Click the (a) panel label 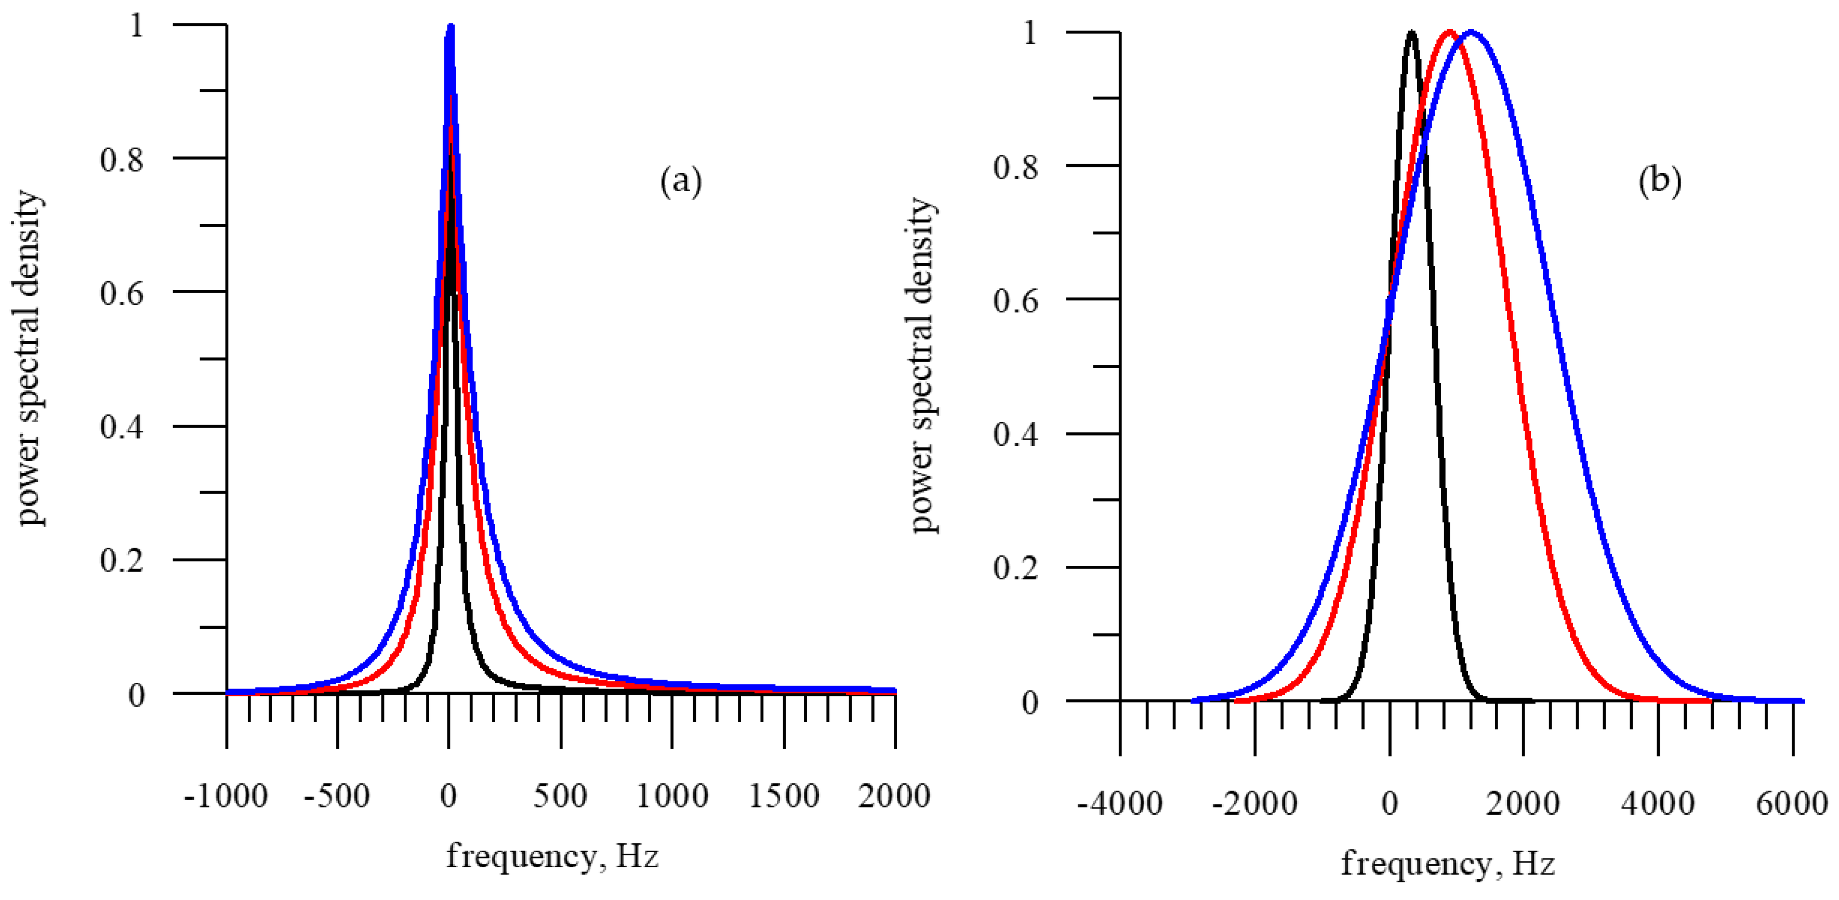tap(680, 181)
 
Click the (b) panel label tap(1659, 181)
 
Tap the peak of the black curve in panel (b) tap(1411, 32)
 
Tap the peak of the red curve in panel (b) tap(1449, 32)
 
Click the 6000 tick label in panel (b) tap(1791, 804)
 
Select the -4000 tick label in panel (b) tap(1119, 804)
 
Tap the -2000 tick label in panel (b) tap(1254, 804)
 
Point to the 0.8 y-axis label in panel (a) tap(122, 160)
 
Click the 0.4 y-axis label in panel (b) tap(1015, 434)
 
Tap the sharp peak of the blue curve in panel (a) tap(450, 29)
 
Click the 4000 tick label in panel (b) tap(1657, 804)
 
